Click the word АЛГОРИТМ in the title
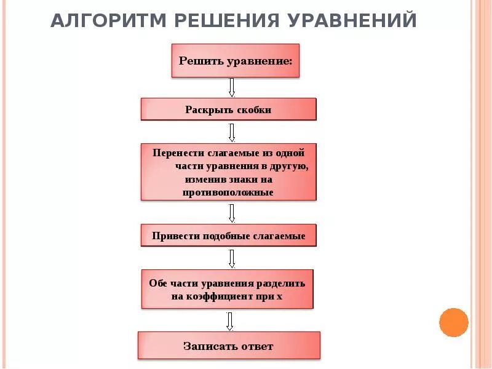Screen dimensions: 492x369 click(108, 21)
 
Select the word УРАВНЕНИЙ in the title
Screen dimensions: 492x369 click(351, 21)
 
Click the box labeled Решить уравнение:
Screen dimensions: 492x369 click(235, 60)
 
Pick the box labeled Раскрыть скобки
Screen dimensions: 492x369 click(228, 109)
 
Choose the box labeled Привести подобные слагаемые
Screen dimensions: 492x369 click(228, 236)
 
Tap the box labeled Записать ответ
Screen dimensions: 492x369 click(228, 346)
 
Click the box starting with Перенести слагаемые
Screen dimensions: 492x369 click(228, 172)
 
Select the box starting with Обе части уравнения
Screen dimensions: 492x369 click(228, 289)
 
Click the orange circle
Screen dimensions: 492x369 click(454, 322)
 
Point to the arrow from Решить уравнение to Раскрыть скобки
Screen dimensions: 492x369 click(232, 87)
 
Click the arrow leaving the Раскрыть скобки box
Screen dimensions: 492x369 click(232, 132)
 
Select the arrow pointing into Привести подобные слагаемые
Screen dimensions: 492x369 click(232, 213)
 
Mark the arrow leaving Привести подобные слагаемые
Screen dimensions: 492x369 click(232, 258)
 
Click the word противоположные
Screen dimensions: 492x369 click(228, 192)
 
